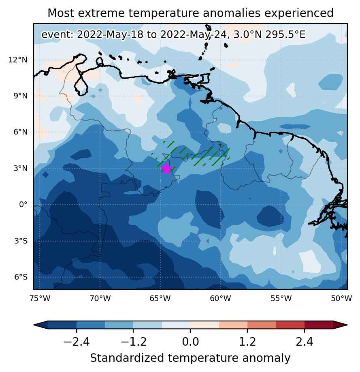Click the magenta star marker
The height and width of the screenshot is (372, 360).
coord(167,168)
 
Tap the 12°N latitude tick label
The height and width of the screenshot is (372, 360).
coord(18,60)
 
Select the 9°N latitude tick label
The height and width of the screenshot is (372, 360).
coord(20,96)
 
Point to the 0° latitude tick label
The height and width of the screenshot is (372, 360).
coord(23,204)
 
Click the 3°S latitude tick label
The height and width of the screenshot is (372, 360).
coord(21,241)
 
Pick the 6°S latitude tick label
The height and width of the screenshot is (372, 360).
coord(21,277)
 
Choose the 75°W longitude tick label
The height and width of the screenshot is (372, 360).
coord(40,298)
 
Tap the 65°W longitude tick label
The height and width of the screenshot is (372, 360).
coord(160,298)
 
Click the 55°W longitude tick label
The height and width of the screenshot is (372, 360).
coord(281,298)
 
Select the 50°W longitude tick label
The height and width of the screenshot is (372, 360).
coord(341,298)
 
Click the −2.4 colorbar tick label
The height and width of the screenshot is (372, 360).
coord(77,342)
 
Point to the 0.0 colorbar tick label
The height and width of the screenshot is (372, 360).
coord(190,342)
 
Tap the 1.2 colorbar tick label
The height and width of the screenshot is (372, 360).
coord(247,342)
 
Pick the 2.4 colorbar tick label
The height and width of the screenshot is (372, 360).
coord(305,342)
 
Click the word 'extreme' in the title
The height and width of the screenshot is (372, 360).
coord(101,13)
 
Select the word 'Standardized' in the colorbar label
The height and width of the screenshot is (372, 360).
coord(127,358)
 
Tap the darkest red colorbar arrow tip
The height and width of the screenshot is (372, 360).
coord(347,325)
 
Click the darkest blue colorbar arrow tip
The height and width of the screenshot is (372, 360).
coord(34,325)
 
